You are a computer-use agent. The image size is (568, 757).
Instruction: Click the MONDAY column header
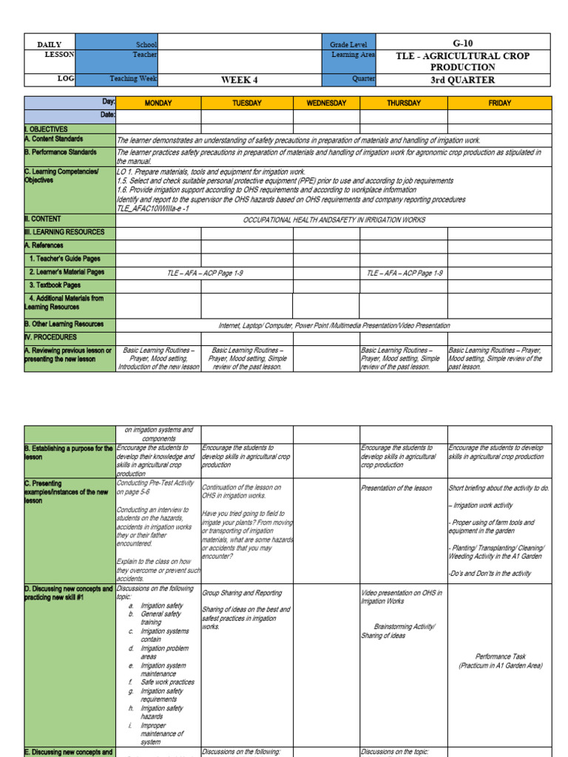click(x=158, y=103)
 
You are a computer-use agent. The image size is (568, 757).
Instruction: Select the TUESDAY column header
click(x=247, y=103)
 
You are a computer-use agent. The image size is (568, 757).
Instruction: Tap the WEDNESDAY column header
click(x=326, y=103)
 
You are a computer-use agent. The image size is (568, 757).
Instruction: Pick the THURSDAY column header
click(x=404, y=103)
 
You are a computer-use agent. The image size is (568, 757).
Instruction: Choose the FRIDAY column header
click(x=499, y=103)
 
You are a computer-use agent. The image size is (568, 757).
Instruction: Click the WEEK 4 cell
click(x=240, y=80)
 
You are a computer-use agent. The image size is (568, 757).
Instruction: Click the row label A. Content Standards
click(x=54, y=139)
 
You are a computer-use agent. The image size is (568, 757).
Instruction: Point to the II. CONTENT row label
click(x=43, y=219)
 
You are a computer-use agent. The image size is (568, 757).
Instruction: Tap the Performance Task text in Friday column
click(x=500, y=656)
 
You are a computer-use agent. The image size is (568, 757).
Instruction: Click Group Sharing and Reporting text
click(x=242, y=593)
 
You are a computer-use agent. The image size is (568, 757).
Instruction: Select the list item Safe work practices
click(x=168, y=682)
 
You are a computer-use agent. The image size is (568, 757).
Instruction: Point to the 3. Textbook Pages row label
click(x=55, y=285)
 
